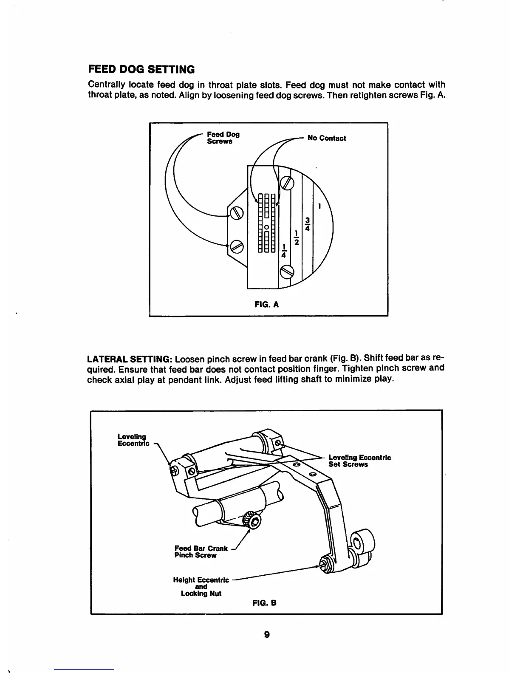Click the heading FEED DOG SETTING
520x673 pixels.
tap(141, 69)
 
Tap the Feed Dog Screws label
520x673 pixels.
tap(223, 138)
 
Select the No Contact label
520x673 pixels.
tap(326, 138)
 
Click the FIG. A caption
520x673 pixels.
tap(266, 304)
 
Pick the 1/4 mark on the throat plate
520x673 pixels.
tap(284, 251)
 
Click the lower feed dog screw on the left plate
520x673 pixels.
tap(236, 246)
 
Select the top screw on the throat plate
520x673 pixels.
tap(287, 183)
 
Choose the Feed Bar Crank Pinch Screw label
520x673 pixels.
tap(201, 552)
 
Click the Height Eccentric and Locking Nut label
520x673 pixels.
tap(201, 586)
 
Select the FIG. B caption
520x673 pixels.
tap(265, 602)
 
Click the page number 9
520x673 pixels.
tap(266, 635)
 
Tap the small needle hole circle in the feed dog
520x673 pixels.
tap(266, 227)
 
